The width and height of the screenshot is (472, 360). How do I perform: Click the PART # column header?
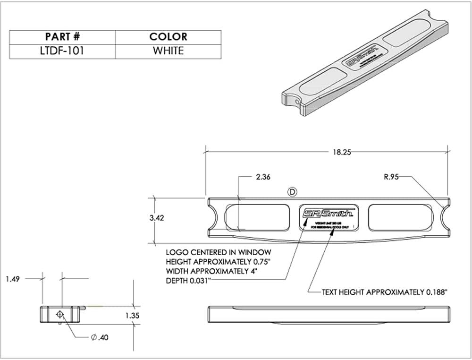click(62, 37)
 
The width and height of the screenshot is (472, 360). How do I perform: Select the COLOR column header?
click(168, 37)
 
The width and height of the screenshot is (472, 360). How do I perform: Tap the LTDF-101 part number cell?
click(62, 51)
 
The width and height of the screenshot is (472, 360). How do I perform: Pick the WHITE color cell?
click(168, 51)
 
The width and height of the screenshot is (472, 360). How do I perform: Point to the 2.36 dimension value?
click(263, 177)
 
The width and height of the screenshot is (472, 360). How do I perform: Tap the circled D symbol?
click(293, 191)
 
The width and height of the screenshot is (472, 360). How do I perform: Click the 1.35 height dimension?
click(134, 316)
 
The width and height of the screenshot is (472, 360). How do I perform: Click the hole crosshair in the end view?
click(60, 314)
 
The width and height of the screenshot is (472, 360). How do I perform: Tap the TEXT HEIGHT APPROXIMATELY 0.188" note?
click(384, 292)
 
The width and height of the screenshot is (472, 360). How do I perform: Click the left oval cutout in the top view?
click(256, 218)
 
